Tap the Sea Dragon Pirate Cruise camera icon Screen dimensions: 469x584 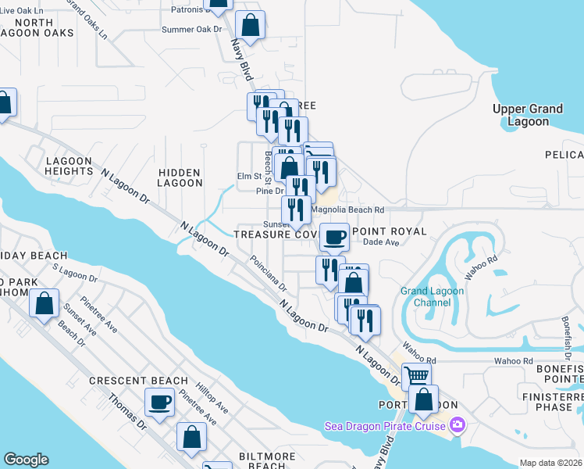point(458,425)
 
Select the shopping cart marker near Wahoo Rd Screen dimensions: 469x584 point(416,376)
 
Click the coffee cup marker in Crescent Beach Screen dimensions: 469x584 point(161,403)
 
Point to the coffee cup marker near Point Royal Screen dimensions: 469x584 point(335,236)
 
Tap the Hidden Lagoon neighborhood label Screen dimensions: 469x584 point(180,177)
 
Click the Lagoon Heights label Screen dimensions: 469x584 point(69,166)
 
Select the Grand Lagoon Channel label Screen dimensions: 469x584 point(432,296)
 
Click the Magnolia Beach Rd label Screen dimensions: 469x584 point(347,209)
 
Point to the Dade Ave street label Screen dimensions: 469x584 point(382,243)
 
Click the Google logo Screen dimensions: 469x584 point(26,460)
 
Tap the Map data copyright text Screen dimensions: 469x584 point(551,463)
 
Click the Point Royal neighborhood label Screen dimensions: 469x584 point(390,231)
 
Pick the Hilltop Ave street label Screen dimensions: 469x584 point(212,398)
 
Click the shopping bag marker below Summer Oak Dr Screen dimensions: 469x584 point(250,27)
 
